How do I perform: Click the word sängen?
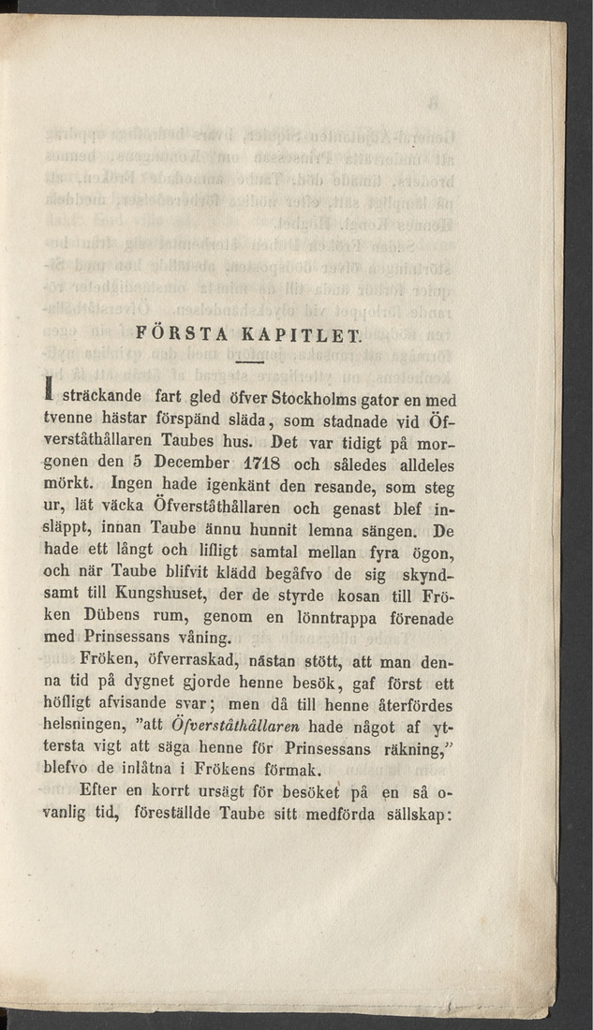[x=381, y=537]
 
